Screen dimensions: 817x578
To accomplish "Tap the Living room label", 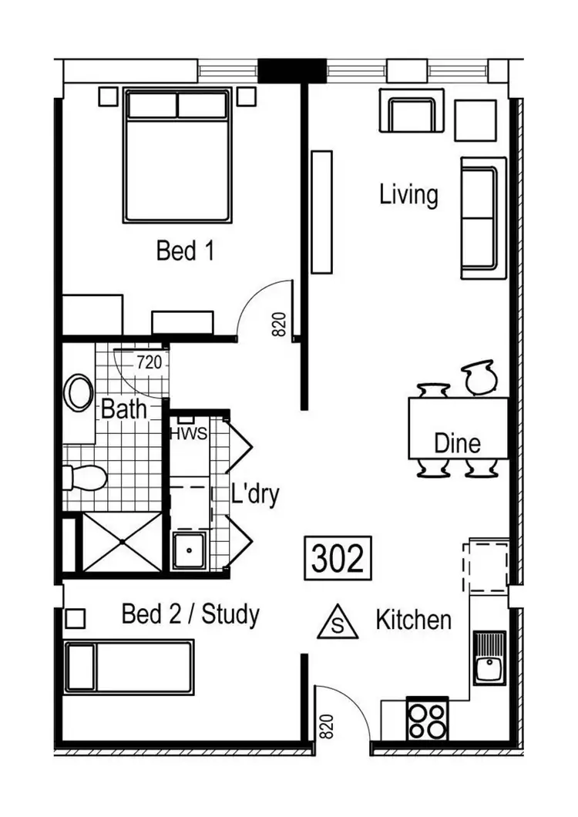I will pos(408,194).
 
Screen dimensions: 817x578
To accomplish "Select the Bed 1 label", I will pos(185,250).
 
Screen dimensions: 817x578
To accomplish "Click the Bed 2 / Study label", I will pos(190,615).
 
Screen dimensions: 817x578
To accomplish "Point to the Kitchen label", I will pos(413,620).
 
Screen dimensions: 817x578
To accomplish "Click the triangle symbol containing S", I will pos(337,623).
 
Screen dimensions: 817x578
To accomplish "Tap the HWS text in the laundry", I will pos(189,433).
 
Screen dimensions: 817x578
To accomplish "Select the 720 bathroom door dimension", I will pos(149,361).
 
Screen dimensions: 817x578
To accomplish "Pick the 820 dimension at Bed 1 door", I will pos(279,324).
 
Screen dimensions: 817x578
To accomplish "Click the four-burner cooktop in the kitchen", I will pos(426,720).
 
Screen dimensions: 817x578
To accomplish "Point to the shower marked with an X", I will pos(122,543).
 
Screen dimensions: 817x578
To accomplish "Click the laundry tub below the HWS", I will pos(189,549).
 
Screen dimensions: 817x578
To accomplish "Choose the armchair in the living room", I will pos(412,112).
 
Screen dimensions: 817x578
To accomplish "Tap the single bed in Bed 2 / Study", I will pos(128,667).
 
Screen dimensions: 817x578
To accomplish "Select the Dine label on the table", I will pos(457,443).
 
